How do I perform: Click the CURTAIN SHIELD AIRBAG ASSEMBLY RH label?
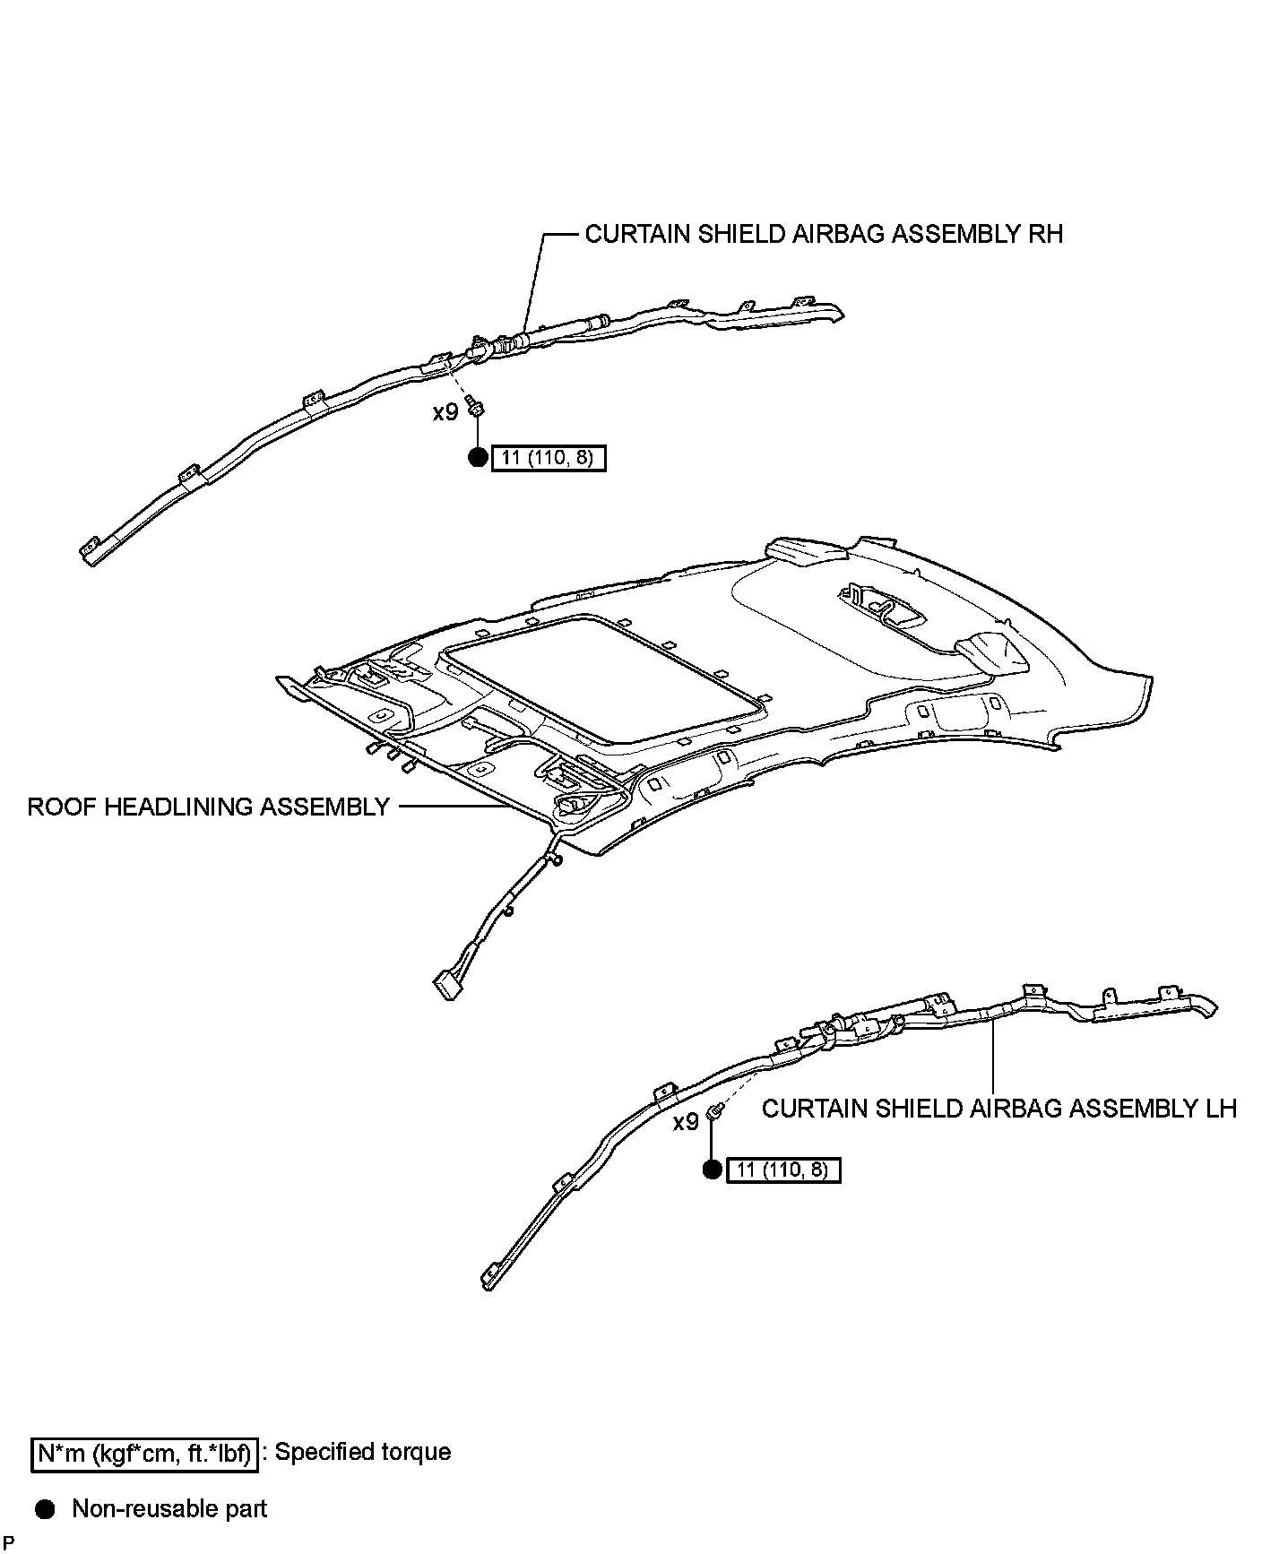coord(823,234)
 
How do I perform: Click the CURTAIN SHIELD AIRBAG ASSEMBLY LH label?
coord(998,1109)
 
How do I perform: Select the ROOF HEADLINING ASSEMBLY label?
coord(208,807)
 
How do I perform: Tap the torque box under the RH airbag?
coord(549,459)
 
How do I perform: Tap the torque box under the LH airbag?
coord(783,1170)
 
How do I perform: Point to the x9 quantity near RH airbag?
coord(445,412)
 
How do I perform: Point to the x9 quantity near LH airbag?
coord(686,1122)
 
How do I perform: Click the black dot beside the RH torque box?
coord(479,458)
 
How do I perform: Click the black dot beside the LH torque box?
coord(712,1170)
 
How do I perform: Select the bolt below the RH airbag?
coord(478,408)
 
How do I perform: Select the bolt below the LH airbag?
coord(716,1112)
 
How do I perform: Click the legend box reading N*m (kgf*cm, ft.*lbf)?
coord(144,1455)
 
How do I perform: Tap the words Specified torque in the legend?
coord(362,1452)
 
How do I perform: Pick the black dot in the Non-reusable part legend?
coord(45,1510)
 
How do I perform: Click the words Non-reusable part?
coord(169,1509)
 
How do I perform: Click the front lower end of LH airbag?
coord(489,1276)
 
